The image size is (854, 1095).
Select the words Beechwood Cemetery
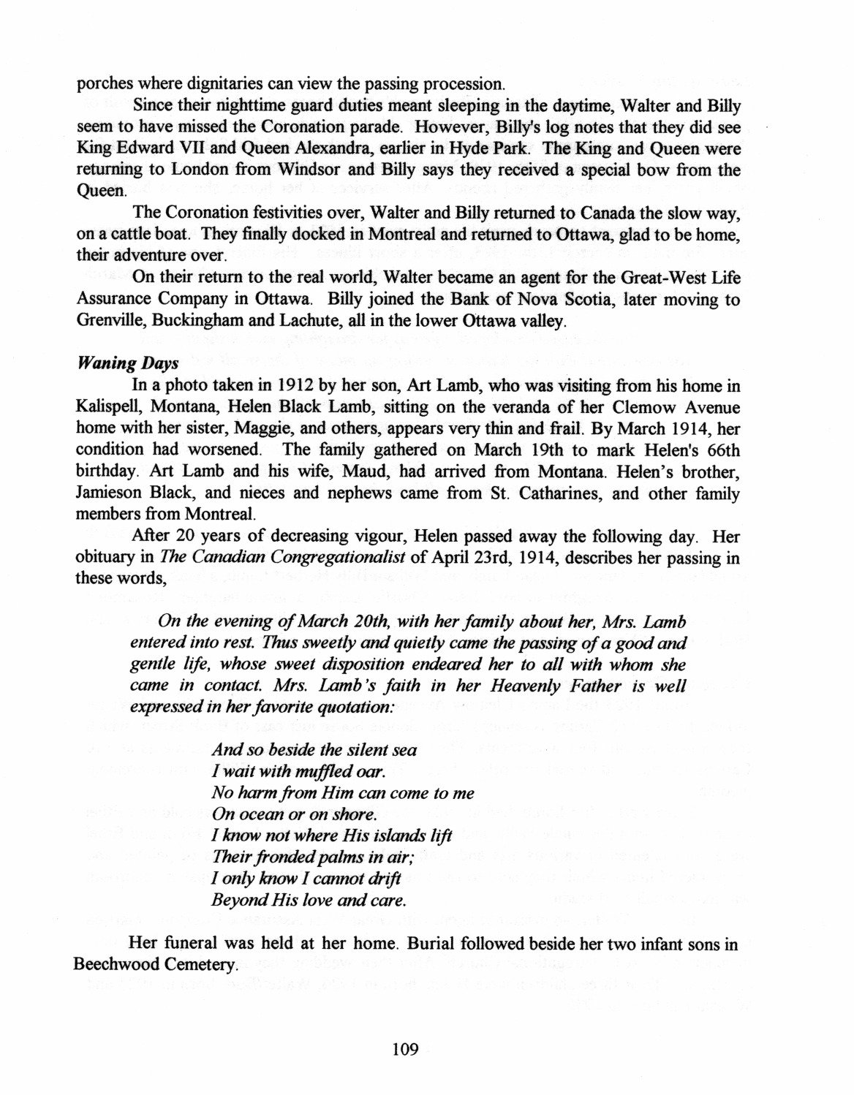point(156,965)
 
